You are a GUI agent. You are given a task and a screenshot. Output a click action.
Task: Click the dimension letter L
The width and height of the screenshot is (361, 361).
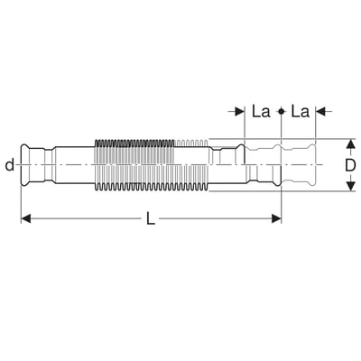151,218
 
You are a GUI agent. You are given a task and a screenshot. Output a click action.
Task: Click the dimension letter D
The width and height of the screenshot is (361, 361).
350,165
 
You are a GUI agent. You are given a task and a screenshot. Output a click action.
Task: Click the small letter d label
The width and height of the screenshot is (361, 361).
10,165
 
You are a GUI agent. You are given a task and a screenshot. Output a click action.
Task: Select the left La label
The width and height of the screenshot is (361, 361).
261,112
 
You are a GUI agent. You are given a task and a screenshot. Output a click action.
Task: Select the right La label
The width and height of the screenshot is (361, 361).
300,112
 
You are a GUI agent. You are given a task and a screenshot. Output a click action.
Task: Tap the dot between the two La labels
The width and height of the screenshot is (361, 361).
281,112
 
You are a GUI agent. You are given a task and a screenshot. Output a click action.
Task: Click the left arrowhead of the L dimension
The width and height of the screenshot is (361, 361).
26,218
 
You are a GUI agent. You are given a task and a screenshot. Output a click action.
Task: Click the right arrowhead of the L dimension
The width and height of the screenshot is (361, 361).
276,218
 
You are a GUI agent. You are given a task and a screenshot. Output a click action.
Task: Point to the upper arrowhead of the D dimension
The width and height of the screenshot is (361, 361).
350,144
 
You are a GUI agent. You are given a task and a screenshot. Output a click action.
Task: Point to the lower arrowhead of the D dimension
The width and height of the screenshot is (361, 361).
350,186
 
